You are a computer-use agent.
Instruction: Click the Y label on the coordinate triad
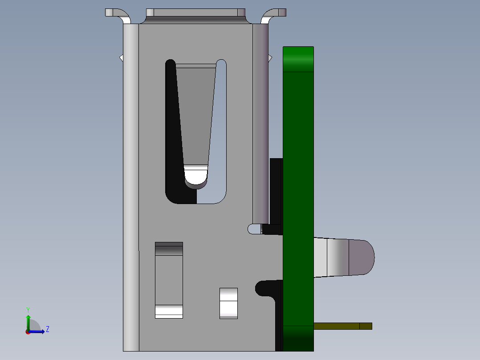point(28,309)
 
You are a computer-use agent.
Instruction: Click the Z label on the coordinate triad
point(47,329)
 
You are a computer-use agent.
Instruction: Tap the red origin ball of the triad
point(28,331)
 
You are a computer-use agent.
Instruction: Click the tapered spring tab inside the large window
point(195,116)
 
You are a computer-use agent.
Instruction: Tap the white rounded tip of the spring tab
point(196,176)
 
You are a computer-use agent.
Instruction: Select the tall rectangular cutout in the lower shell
point(169,280)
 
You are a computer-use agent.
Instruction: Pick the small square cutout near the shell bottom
point(228,303)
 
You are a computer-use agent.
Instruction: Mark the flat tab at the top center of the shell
point(196,12)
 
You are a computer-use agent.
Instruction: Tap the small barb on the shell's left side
point(121,57)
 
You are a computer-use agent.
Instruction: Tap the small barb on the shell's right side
point(270,57)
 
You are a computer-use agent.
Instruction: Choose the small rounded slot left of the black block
point(254,229)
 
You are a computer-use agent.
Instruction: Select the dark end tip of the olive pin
point(366,326)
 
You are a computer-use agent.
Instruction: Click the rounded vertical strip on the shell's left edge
point(131,187)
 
